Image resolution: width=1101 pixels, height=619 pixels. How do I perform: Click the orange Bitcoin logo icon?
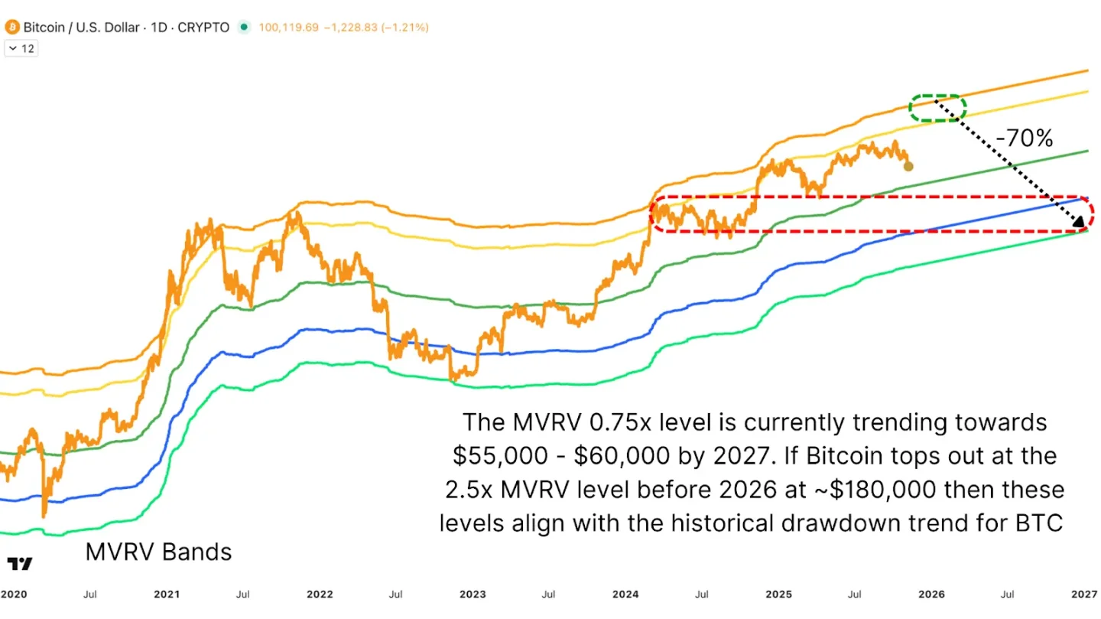click(x=12, y=28)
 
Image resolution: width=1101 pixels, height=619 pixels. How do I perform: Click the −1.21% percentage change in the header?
click(x=404, y=28)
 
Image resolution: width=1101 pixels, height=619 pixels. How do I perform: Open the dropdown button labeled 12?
click(x=21, y=48)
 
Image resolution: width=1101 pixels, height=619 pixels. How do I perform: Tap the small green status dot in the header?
click(x=244, y=28)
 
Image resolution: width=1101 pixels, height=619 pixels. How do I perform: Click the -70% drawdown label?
click(x=1025, y=138)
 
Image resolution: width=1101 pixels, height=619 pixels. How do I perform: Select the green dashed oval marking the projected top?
click(x=937, y=108)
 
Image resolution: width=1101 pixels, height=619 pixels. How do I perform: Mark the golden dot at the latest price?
click(x=908, y=166)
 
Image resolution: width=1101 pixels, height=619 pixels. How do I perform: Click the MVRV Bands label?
click(x=158, y=552)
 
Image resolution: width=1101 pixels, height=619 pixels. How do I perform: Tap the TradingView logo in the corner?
click(x=21, y=564)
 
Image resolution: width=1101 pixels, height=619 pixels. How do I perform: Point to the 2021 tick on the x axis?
click(x=167, y=594)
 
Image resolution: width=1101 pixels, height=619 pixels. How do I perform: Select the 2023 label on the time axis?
click(x=473, y=594)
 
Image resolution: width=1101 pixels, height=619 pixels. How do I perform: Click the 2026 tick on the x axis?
click(x=931, y=594)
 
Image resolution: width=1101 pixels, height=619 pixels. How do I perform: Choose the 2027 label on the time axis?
click(x=1084, y=594)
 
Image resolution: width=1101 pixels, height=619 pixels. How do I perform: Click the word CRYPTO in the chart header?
click(x=203, y=28)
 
